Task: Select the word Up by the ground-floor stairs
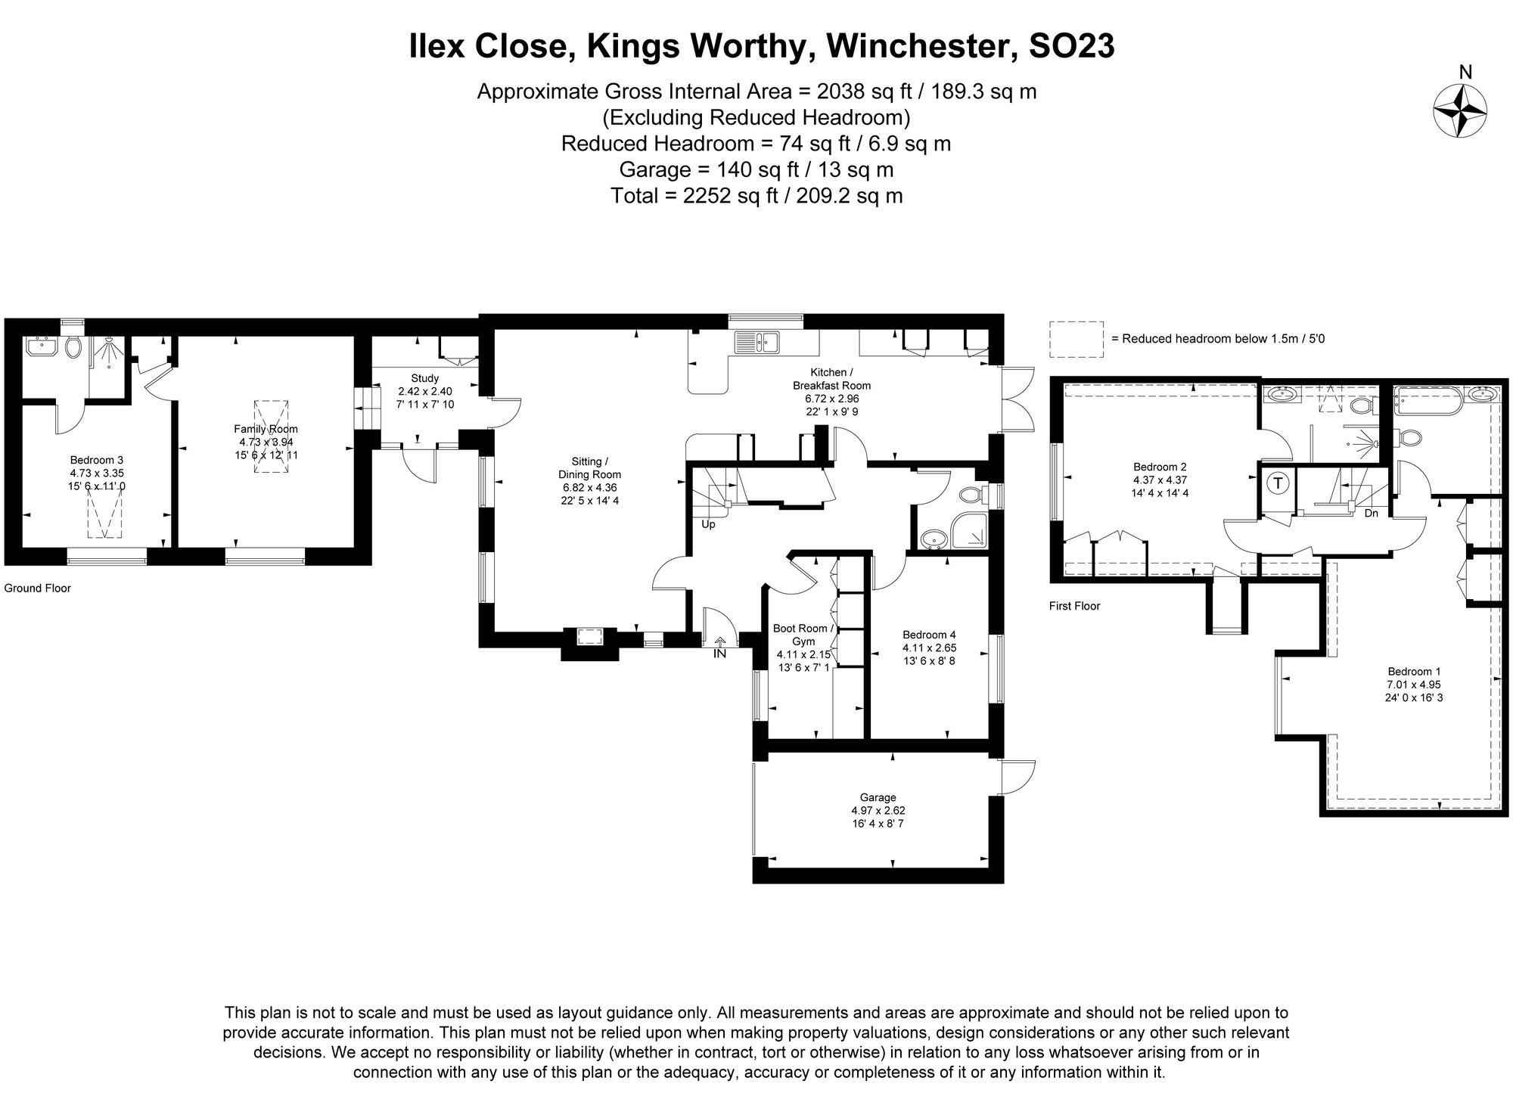[x=708, y=523]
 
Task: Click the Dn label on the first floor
[x=1371, y=514]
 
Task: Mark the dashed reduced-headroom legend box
[x=1076, y=339]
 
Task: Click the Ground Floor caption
[x=37, y=588]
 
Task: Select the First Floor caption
[x=1074, y=606]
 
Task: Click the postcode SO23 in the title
[x=1071, y=47]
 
